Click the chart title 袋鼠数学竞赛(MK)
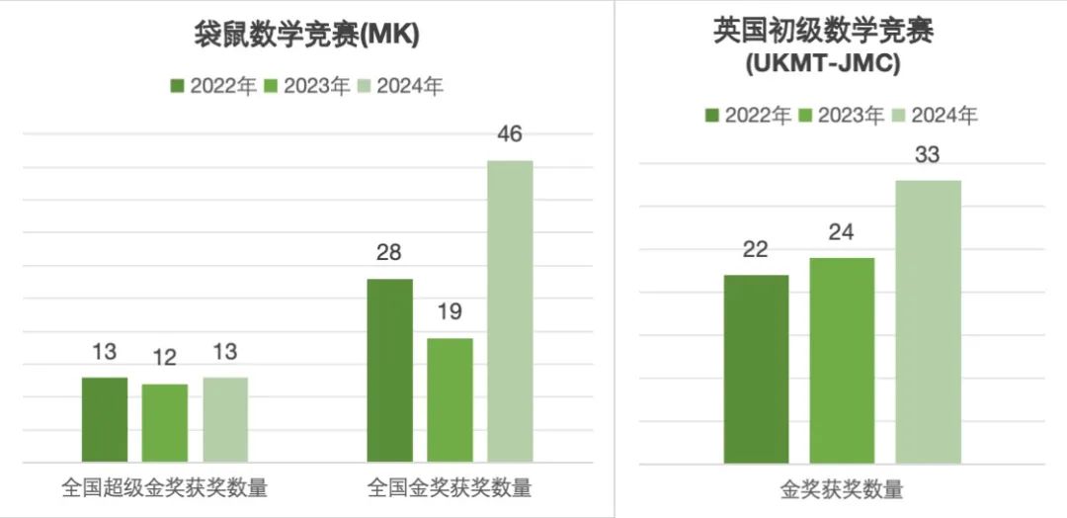click(306, 35)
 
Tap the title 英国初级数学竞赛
click(823, 31)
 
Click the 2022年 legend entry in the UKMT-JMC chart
click(748, 116)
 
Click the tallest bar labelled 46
click(510, 310)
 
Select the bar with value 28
click(389, 370)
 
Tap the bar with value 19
click(450, 399)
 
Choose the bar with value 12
click(165, 422)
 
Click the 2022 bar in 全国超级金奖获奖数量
click(105, 419)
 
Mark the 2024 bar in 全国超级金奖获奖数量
click(225, 419)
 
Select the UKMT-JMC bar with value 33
click(928, 321)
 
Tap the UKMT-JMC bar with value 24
click(842, 360)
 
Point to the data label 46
click(510, 134)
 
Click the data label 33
click(927, 155)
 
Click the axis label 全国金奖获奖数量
click(450, 487)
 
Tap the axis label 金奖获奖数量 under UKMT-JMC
click(842, 489)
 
